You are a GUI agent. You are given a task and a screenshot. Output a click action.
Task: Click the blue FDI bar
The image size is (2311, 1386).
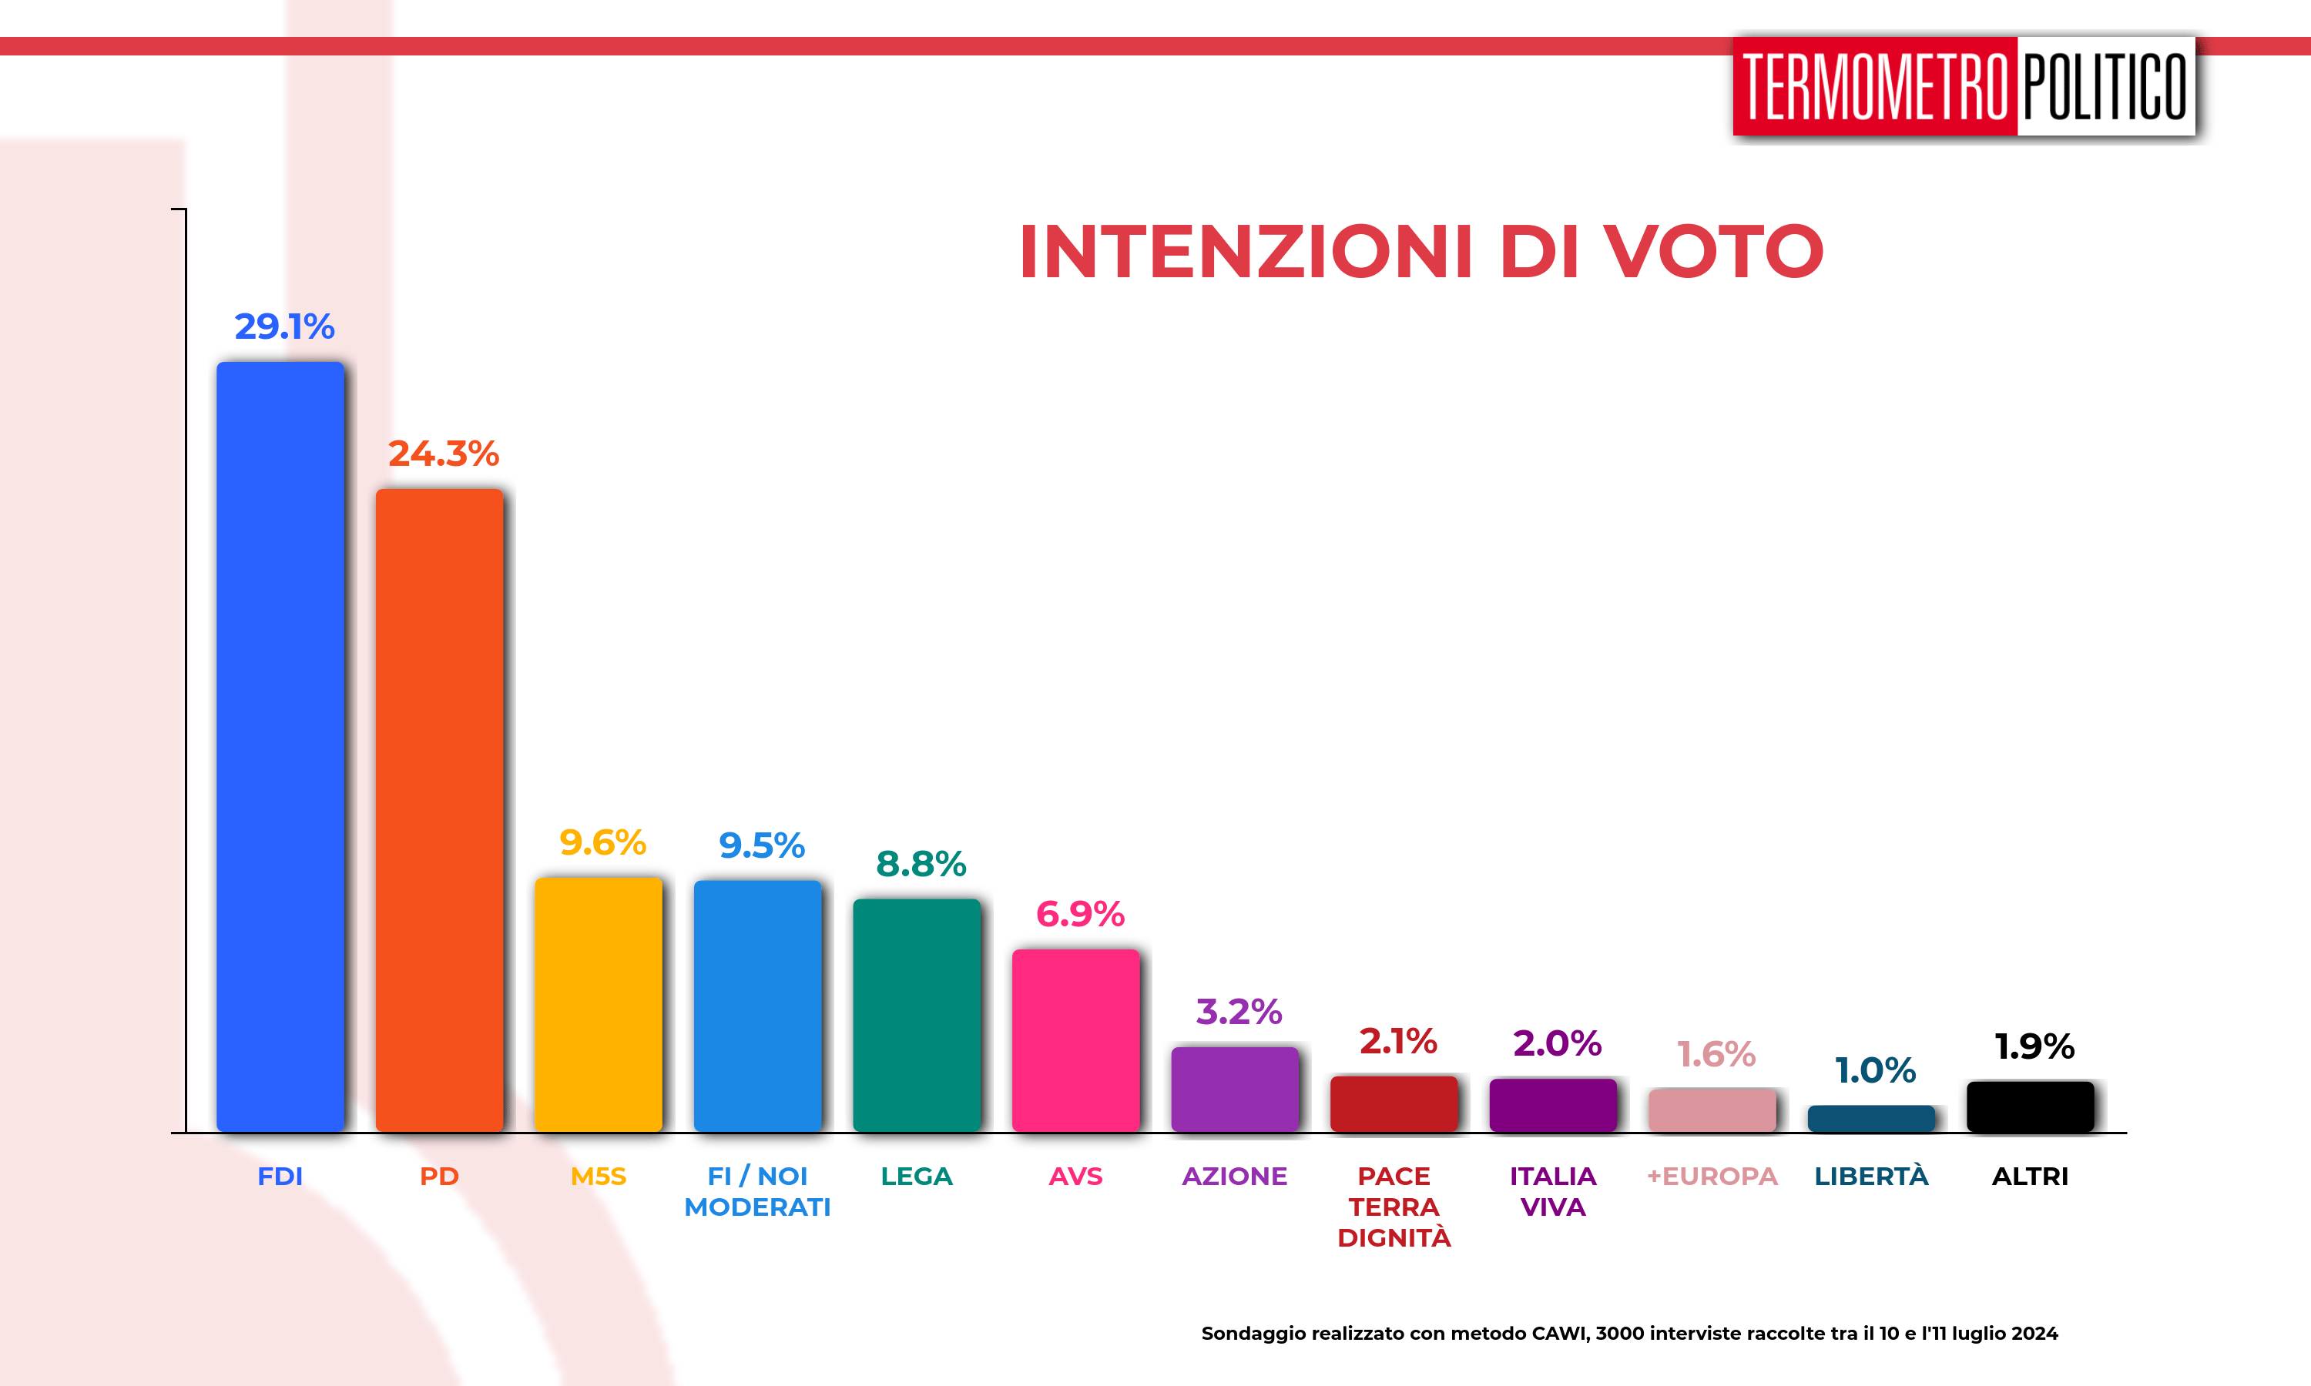[x=280, y=747]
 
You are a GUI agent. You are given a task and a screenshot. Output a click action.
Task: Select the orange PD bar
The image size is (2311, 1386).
[x=439, y=811]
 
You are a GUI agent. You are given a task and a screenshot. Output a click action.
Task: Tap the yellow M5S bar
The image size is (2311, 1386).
[x=598, y=1005]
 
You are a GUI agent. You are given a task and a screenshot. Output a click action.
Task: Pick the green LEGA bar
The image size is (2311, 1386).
[x=917, y=1016]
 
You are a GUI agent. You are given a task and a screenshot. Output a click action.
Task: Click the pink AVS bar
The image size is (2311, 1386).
[x=1075, y=1041]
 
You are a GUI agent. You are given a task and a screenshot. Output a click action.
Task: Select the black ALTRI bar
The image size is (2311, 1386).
[x=2030, y=1108]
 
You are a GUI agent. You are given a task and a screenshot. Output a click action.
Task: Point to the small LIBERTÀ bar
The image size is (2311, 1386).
[x=1871, y=1119]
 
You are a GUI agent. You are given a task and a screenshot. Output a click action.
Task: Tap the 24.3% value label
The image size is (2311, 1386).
[x=444, y=454]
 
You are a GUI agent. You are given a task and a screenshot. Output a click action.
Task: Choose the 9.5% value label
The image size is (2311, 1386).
[x=761, y=846]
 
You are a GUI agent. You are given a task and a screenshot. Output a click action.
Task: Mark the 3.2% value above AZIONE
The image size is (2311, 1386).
[x=1239, y=1012]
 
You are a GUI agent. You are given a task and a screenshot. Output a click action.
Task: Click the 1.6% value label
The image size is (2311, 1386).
[x=1716, y=1054]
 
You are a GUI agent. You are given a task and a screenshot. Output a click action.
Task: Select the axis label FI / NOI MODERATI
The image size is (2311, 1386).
[x=756, y=1192]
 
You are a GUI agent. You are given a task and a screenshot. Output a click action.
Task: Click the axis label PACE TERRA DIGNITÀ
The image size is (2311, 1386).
[x=1394, y=1207]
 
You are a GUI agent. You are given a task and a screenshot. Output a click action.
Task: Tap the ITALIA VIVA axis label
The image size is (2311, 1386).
[x=1552, y=1192]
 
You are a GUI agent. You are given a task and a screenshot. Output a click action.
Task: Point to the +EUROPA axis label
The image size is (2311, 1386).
[x=1712, y=1177]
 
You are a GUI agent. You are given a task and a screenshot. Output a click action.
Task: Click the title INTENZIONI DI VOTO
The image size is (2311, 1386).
[x=1420, y=252]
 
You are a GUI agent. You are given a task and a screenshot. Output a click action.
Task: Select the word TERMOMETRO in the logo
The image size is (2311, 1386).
[x=1875, y=87]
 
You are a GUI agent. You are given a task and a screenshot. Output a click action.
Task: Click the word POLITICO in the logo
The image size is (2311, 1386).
[x=2105, y=87]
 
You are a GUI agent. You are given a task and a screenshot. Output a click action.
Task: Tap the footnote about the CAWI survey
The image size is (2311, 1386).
[x=1629, y=1334]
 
